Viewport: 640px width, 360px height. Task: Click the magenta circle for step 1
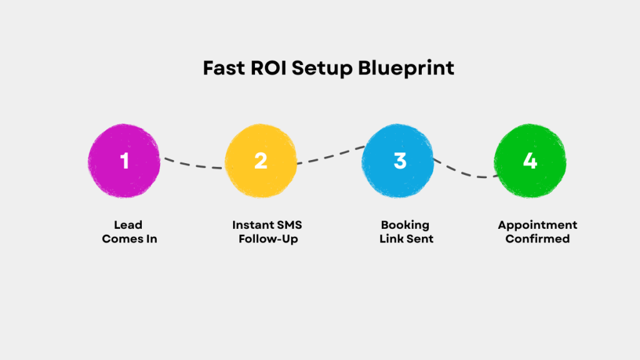point(124,161)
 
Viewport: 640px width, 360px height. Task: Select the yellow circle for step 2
point(261,161)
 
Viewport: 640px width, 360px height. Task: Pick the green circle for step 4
point(530,161)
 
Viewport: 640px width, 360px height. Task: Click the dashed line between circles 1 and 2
point(194,165)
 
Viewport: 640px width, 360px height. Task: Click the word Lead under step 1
point(128,225)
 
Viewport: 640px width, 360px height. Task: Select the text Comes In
point(129,239)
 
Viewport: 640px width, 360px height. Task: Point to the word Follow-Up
point(268,239)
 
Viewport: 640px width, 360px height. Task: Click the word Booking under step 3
point(406,225)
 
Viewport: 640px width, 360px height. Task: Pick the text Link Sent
point(406,239)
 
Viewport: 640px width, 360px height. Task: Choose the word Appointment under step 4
point(537,225)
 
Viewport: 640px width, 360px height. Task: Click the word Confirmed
point(537,239)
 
